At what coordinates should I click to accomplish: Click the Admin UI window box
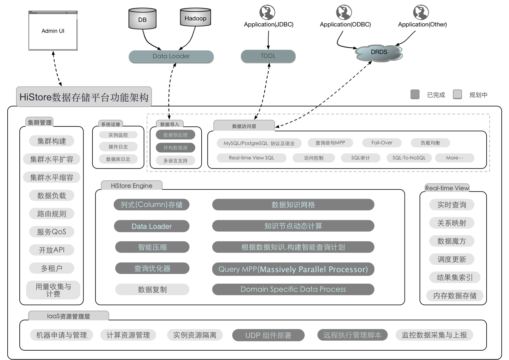click(53, 31)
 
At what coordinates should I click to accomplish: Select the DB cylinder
click(143, 19)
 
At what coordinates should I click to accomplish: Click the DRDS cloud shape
click(379, 52)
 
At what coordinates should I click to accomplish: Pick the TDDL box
click(268, 56)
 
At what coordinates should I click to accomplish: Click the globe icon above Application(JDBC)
click(267, 12)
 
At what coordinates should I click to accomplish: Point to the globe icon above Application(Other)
click(421, 12)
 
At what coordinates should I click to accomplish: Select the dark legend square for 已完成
click(415, 94)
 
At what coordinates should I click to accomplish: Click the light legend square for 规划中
click(457, 94)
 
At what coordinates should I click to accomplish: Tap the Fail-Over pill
click(382, 143)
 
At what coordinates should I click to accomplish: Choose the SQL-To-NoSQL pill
click(409, 158)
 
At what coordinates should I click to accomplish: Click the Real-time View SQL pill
click(251, 158)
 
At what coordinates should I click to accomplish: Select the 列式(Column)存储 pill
click(152, 205)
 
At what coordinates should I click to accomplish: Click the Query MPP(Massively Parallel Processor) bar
click(293, 269)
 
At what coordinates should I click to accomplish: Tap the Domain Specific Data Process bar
click(293, 289)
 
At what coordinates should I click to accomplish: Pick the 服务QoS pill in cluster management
click(51, 232)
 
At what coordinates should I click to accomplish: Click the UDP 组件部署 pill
click(268, 335)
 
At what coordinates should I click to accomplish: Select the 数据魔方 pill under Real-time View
click(452, 241)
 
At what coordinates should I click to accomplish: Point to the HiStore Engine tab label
click(132, 186)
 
